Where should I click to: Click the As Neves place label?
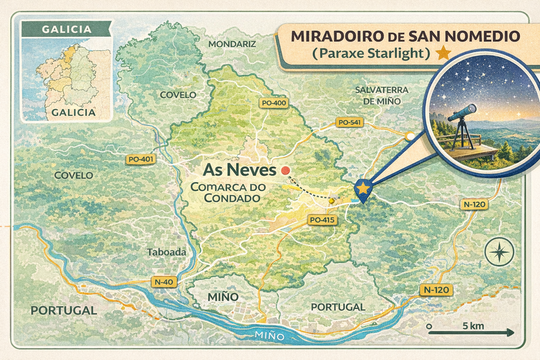click(x=239, y=171)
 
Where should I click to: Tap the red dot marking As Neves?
click(x=285, y=171)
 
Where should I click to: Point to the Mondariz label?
click(x=232, y=44)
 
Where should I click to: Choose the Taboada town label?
click(x=166, y=252)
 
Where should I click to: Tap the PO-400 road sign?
click(x=274, y=103)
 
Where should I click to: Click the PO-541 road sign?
click(x=349, y=122)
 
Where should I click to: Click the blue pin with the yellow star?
click(x=364, y=190)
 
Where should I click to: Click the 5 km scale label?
click(x=472, y=326)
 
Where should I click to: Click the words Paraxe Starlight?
click(x=370, y=54)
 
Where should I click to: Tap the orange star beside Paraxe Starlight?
click(x=443, y=54)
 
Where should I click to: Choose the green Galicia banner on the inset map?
click(x=65, y=29)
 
